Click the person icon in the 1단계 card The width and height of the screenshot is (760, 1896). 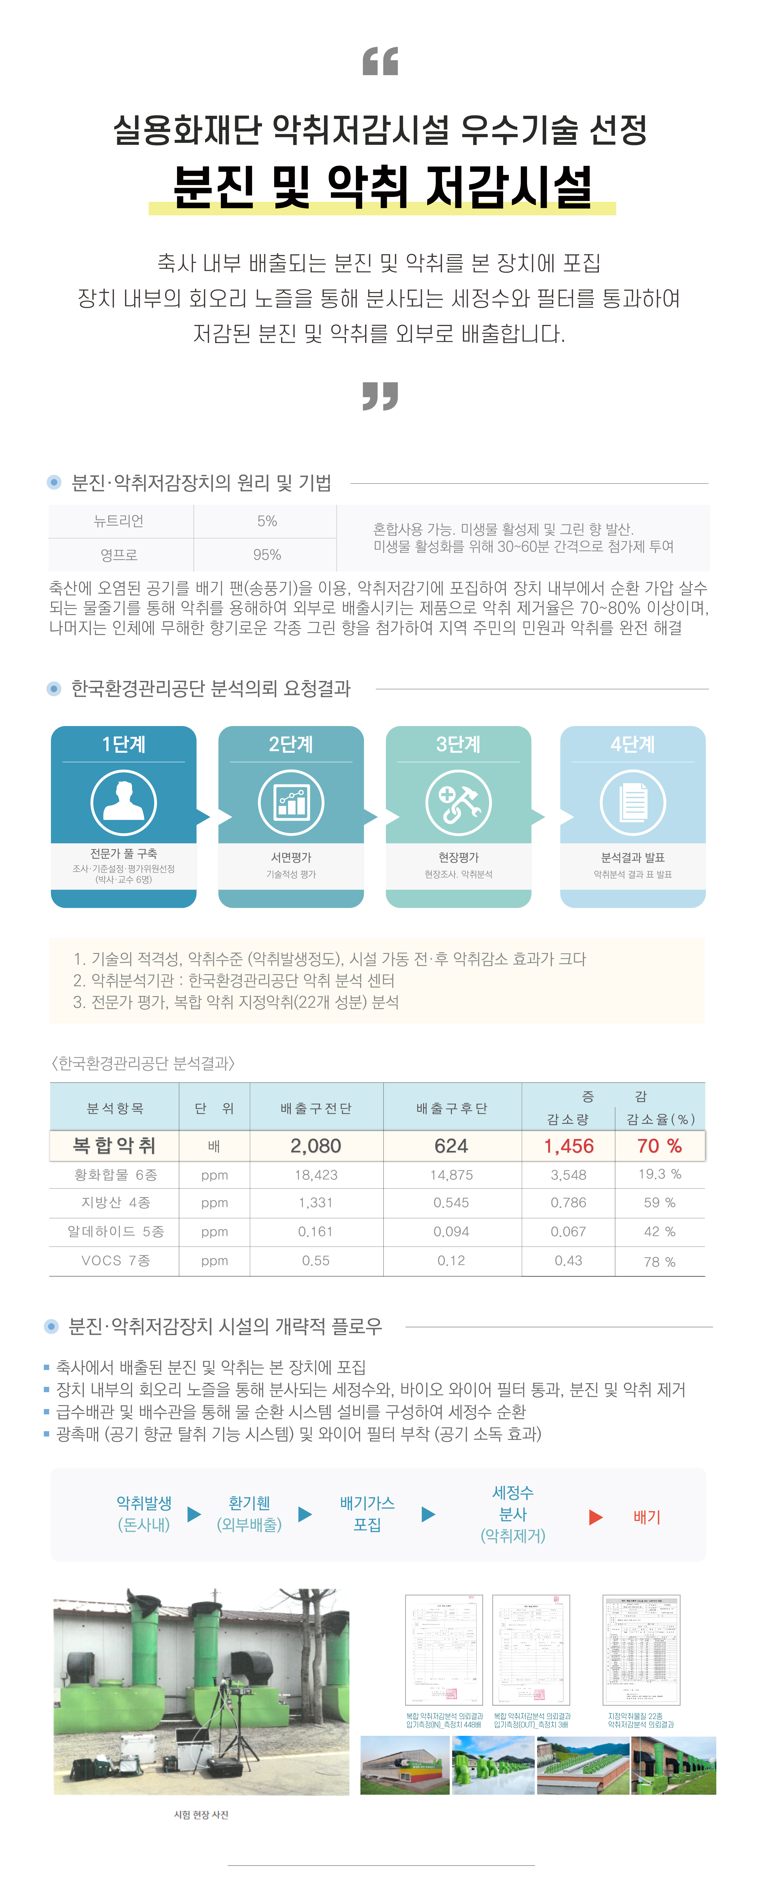[x=124, y=802]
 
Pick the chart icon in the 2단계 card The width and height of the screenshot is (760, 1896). [x=291, y=802]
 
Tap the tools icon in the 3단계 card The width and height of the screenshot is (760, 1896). [x=458, y=802]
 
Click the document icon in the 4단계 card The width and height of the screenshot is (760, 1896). [x=632, y=802]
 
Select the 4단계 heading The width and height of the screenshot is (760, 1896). [x=632, y=744]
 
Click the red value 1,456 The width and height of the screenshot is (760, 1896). [x=569, y=1146]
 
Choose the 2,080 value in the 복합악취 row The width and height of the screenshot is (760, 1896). [x=316, y=1146]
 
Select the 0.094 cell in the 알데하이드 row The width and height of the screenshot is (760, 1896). [x=451, y=1231]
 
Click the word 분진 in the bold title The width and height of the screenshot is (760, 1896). [x=213, y=186]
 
